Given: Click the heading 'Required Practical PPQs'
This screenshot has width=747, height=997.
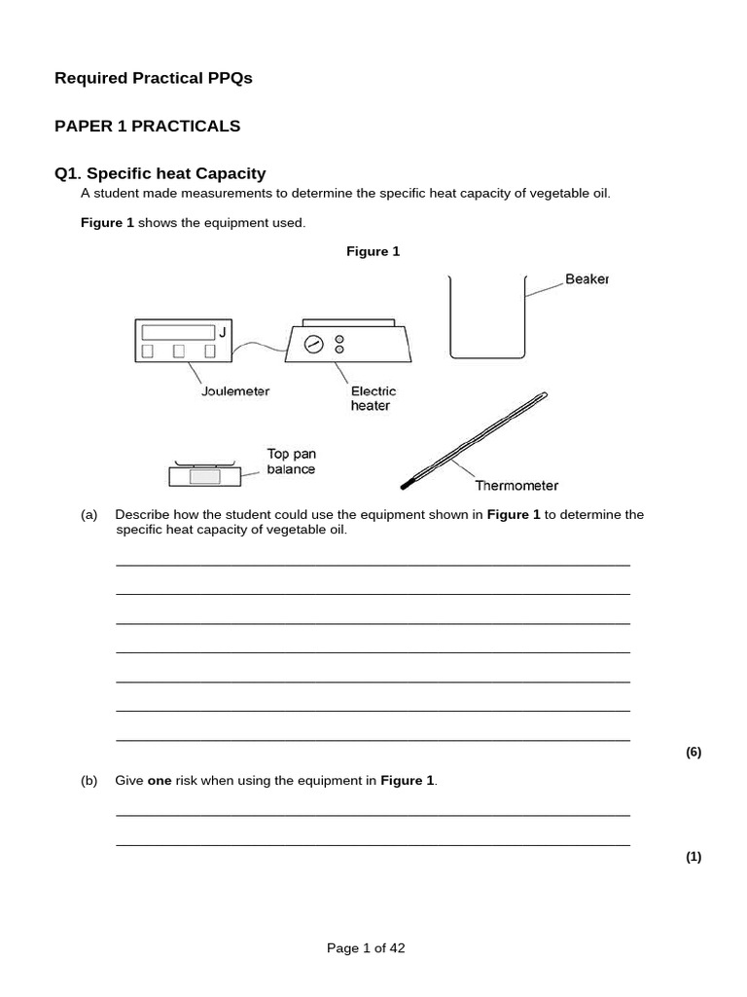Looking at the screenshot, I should tap(153, 78).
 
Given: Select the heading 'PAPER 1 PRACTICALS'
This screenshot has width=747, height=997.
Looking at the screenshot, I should tap(147, 126).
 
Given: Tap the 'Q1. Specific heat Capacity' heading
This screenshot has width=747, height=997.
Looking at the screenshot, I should tap(160, 173).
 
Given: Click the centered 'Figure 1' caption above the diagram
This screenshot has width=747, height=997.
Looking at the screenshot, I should tap(373, 251).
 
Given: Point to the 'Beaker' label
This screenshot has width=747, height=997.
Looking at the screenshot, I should tap(587, 279).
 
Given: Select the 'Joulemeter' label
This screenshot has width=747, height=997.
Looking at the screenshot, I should tap(234, 391).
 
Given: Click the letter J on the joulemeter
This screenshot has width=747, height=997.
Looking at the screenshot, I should tap(222, 333).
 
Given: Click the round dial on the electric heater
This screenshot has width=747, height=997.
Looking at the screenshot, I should tap(312, 344).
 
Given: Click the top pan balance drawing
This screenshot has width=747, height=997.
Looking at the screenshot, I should tap(204, 474).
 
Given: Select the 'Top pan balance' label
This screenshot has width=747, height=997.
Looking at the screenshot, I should tap(292, 462).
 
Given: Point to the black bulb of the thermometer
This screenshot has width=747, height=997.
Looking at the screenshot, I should tap(406, 483).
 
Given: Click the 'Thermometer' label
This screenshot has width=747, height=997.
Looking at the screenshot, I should tap(516, 485).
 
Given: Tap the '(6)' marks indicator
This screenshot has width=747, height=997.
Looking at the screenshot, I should tap(693, 752).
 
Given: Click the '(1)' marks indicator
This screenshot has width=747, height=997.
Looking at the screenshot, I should tap(693, 857).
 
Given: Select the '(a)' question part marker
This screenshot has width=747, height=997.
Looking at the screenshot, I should tap(89, 515).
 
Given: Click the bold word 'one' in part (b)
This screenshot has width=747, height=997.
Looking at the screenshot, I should tap(159, 781).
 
